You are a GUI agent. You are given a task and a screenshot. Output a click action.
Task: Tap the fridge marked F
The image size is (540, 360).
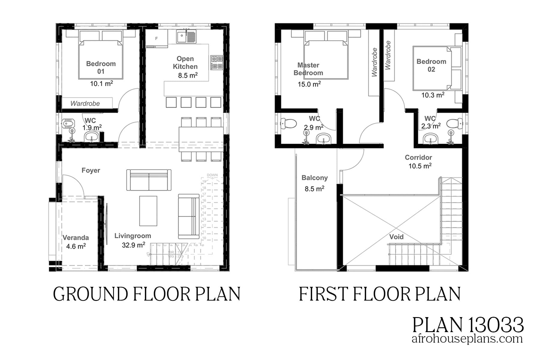(156, 39)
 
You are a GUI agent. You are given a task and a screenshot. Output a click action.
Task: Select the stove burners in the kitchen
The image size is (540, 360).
(217, 62)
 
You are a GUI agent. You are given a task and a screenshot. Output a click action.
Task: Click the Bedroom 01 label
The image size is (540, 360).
(101, 67)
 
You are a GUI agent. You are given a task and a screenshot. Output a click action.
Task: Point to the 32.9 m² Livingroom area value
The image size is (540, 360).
(133, 245)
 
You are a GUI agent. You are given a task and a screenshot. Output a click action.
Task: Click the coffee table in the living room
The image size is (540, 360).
(148, 211)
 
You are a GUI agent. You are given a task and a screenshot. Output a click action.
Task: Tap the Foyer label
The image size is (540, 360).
(91, 170)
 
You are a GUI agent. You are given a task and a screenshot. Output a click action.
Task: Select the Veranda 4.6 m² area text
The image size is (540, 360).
(76, 246)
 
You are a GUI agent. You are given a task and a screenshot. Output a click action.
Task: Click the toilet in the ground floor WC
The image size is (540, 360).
(68, 123)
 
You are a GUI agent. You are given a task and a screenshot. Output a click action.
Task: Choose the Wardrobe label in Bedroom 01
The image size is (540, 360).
(85, 103)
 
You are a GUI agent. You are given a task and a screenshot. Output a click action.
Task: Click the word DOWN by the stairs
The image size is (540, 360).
(212, 175)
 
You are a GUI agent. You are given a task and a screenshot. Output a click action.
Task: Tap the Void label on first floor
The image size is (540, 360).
(396, 237)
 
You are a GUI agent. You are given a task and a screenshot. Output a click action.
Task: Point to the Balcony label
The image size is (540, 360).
(314, 178)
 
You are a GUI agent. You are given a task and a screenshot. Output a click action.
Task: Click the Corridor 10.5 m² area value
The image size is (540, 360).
(420, 166)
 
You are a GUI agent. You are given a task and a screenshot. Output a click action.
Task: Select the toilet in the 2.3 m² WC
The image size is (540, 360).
(454, 123)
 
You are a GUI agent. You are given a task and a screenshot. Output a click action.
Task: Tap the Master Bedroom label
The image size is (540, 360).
(308, 69)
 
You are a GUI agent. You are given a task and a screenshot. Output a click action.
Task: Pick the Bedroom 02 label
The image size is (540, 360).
(431, 65)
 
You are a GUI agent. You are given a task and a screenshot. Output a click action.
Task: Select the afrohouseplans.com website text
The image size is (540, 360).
(467, 339)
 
